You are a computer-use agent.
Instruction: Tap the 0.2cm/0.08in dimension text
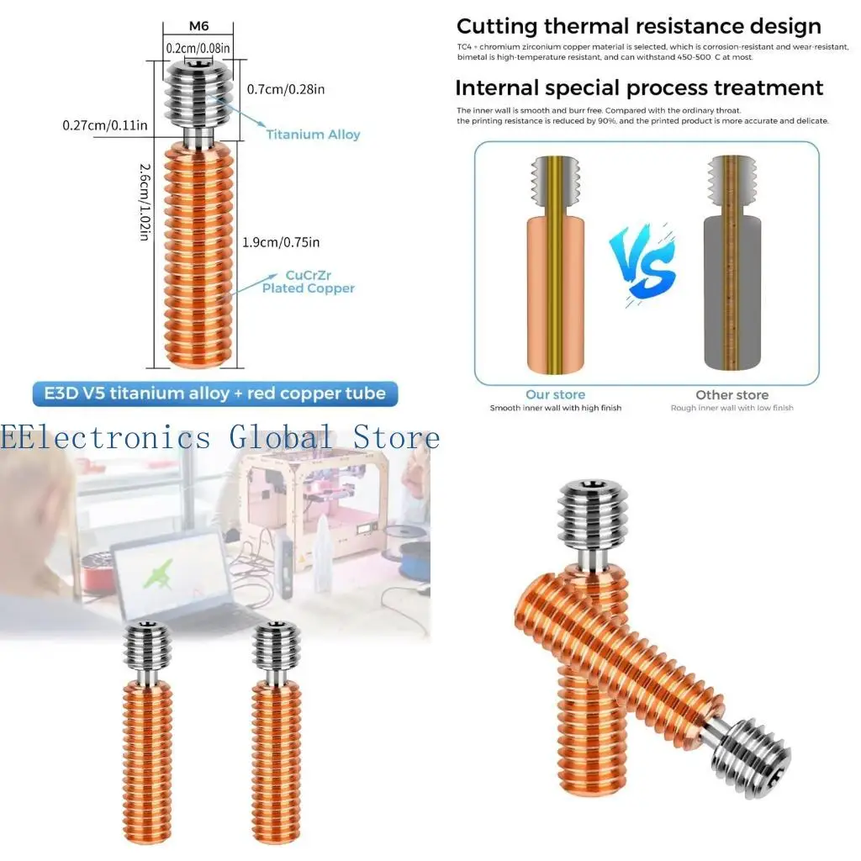click(x=198, y=48)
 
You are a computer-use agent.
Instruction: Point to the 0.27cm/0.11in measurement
click(x=105, y=125)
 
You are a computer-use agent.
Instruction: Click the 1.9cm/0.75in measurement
click(x=280, y=242)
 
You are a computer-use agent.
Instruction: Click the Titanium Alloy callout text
click(x=313, y=135)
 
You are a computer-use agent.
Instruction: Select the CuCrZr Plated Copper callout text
click(x=308, y=282)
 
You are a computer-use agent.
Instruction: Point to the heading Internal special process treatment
click(x=639, y=87)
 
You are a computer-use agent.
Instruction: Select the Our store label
click(x=555, y=394)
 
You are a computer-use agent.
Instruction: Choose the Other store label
click(x=732, y=394)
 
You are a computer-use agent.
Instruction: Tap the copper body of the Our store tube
click(x=538, y=294)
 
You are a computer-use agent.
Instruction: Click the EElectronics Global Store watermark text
click(x=220, y=437)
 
